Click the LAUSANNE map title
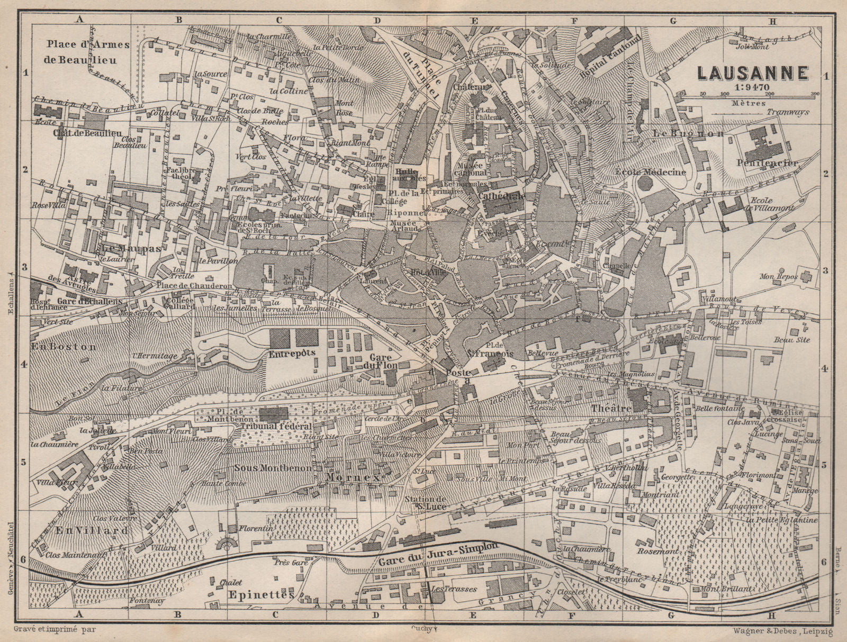point(751,73)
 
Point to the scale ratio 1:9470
point(751,88)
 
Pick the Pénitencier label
point(767,164)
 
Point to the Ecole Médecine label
point(651,171)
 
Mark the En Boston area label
point(64,347)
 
